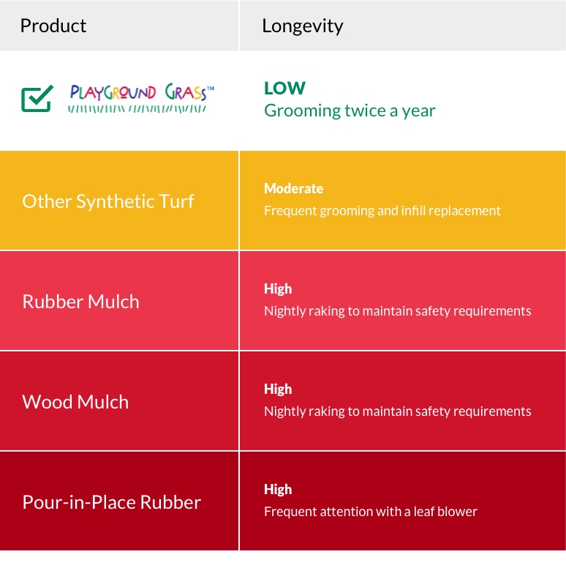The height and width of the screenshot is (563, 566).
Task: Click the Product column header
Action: point(53,26)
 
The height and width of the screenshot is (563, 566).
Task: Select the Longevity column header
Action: point(303,26)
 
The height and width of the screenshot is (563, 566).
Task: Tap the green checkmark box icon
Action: point(37,99)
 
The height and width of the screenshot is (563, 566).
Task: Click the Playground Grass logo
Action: point(141,98)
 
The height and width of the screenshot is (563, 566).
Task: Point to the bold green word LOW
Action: point(284,88)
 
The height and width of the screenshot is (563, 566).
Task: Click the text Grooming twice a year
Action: point(350,111)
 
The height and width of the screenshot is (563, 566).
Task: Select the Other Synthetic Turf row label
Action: point(108,201)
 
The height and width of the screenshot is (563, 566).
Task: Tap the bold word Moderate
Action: point(293,188)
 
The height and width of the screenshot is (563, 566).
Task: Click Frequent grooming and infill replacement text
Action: point(382,211)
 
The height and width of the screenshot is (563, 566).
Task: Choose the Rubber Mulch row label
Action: point(81,302)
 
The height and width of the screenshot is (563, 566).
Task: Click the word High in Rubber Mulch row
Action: point(278,288)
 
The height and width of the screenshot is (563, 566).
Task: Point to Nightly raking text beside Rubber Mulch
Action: point(397,311)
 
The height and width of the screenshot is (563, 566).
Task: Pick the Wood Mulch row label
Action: point(75,402)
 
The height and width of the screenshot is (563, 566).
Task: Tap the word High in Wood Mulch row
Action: point(278,389)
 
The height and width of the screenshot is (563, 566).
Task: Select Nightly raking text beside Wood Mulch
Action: point(397,411)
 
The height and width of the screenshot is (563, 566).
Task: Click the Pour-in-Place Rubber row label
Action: point(112,502)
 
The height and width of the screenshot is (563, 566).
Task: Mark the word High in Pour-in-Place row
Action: point(278,489)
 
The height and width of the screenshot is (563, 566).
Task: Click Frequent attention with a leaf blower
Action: point(371,512)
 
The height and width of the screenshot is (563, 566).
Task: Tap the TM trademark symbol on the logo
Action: point(211,88)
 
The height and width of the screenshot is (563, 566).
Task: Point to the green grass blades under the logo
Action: point(137,109)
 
